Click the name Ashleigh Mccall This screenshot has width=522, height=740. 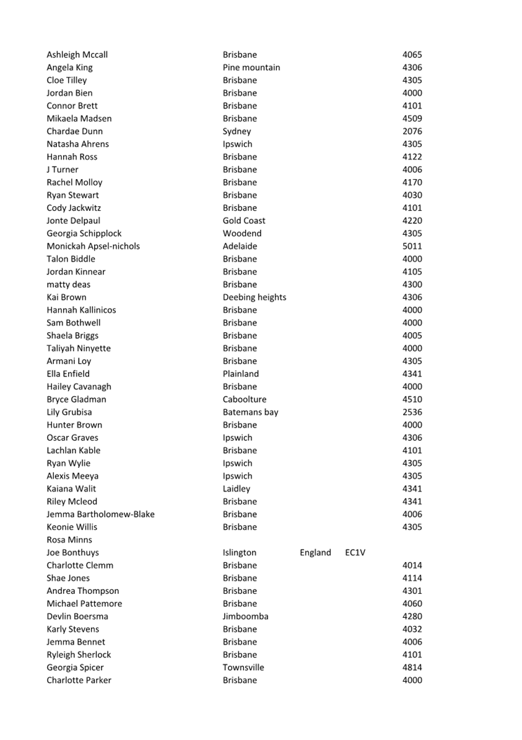[x=77, y=55]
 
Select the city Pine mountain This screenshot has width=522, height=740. [x=251, y=68]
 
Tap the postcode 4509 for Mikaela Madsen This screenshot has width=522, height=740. [x=412, y=118]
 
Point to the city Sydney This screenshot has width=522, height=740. [x=237, y=131]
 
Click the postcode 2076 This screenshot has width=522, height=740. [x=412, y=131]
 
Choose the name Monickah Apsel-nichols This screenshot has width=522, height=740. [x=93, y=246]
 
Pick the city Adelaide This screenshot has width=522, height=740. [x=240, y=246]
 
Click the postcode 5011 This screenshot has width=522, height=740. [x=412, y=246]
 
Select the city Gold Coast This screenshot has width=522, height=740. [x=244, y=221]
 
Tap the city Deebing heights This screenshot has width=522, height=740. [x=254, y=297]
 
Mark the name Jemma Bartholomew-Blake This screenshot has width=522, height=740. [x=100, y=514]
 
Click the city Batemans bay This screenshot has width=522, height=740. [x=250, y=412]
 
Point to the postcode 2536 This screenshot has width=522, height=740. [x=412, y=412]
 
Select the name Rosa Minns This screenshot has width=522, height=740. [x=69, y=540]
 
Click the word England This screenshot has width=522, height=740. [x=315, y=552]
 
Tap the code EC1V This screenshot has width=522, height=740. [x=355, y=552]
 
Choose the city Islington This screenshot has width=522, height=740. [x=240, y=552]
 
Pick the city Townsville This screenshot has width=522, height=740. [x=243, y=667]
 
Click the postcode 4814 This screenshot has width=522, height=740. [x=412, y=667]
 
